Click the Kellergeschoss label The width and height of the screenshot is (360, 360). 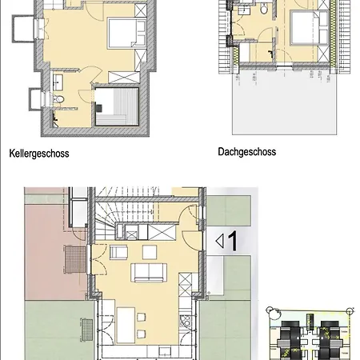point(39,154)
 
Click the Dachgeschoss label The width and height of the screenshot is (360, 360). point(247,152)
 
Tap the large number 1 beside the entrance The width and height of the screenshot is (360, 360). point(233,241)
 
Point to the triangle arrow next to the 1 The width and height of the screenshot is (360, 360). point(219,241)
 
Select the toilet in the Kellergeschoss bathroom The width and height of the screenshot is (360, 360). point(58,99)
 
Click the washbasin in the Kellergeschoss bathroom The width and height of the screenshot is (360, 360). point(58,82)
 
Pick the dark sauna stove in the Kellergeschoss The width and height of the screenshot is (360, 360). point(98,108)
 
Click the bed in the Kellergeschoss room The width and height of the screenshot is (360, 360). point(127,33)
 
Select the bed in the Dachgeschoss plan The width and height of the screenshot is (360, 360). point(310,27)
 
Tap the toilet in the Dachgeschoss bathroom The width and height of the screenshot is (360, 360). point(264,9)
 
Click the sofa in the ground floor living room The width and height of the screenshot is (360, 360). point(149,272)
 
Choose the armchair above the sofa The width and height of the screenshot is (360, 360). point(118,252)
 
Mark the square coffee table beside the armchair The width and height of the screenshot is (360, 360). point(150,252)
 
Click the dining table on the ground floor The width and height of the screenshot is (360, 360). point(126,325)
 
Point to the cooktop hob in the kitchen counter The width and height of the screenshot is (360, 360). point(186,322)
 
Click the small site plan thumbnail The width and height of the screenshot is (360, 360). point(310,334)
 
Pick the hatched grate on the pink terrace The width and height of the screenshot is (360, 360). point(75,259)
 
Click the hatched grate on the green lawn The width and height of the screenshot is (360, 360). point(86,330)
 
